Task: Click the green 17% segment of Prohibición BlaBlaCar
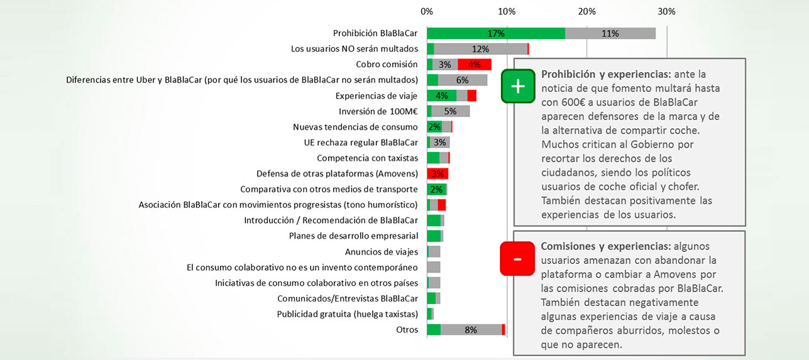click(495, 34)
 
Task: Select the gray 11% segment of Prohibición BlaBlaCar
click(610, 34)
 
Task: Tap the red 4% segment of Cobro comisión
click(475, 64)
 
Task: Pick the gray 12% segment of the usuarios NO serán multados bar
click(480, 49)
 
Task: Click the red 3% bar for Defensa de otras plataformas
click(438, 173)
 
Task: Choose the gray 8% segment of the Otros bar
click(471, 330)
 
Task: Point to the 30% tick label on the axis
click(666, 11)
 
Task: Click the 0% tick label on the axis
click(427, 11)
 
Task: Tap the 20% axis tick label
click(586, 11)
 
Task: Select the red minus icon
click(517, 259)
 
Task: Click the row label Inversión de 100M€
click(378, 111)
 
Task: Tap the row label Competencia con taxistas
click(367, 158)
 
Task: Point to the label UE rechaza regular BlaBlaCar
click(361, 142)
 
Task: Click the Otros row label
click(407, 330)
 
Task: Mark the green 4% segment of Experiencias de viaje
click(441, 95)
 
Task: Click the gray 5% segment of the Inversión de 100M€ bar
click(450, 111)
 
